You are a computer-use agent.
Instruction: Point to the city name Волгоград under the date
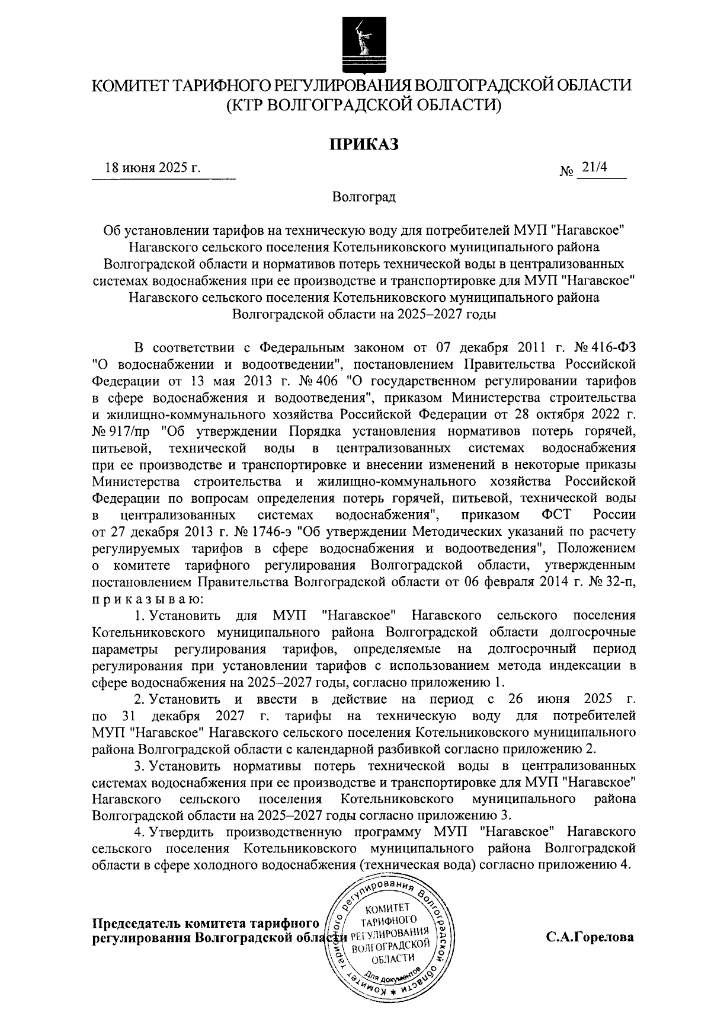click(363, 197)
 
